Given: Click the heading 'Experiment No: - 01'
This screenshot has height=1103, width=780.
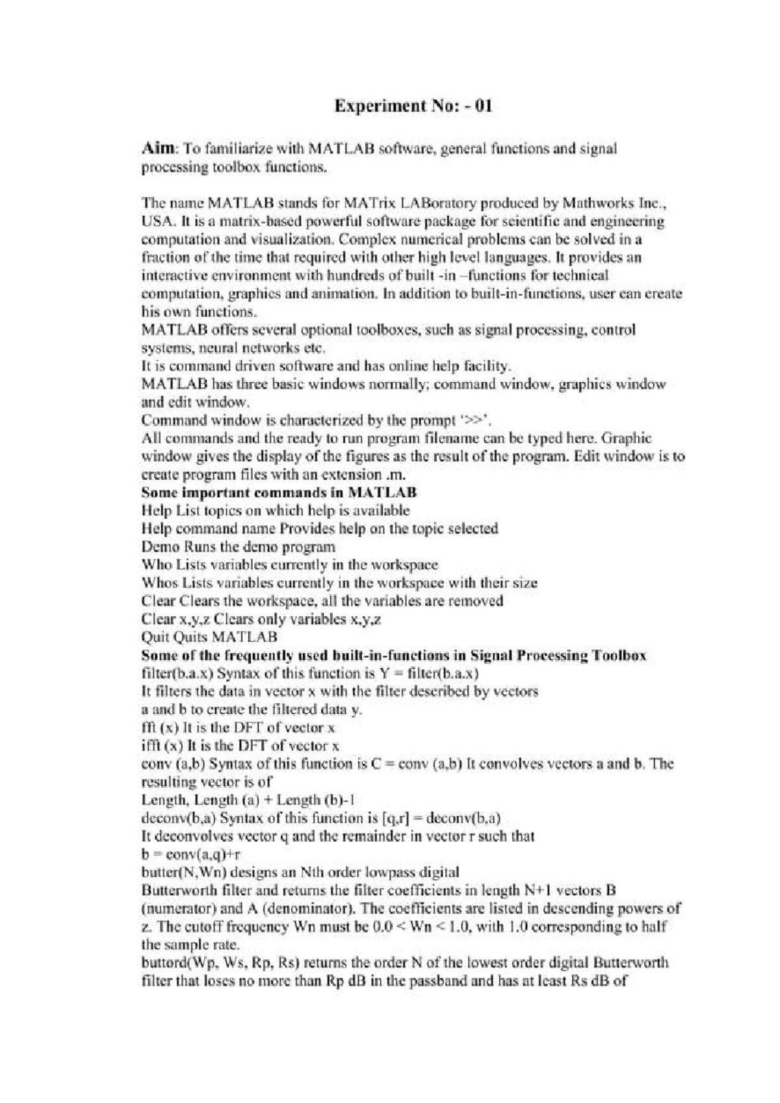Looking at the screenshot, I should point(413,106).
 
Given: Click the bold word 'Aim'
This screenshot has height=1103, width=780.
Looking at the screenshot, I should point(156,149).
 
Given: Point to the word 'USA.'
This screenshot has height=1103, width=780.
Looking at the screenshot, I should point(156,222).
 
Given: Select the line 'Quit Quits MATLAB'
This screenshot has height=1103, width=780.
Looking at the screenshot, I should point(209,637).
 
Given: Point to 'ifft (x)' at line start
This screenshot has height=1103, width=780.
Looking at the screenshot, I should point(159,746).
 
